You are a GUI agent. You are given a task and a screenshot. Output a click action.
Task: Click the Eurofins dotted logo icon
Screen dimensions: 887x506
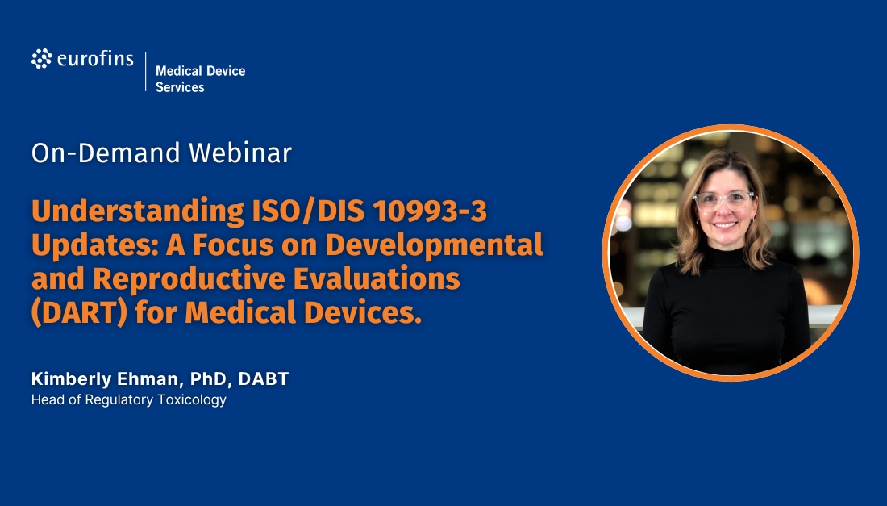(x=41, y=59)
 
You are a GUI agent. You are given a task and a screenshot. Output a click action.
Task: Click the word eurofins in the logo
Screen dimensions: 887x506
(x=95, y=59)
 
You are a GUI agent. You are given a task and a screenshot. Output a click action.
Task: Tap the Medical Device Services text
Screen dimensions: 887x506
(x=200, y=79)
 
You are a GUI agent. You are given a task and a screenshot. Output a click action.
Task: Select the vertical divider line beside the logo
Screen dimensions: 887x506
(x=145, y=71)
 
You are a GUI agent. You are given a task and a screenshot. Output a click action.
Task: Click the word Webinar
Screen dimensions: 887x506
(x=239, y=153)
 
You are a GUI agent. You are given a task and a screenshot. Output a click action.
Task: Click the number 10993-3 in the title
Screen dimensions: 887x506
(x=429, y=211)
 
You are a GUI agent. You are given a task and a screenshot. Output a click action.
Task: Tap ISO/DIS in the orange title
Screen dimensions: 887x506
(x=308, y=211)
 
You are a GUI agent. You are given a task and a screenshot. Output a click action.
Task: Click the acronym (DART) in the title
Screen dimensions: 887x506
(x=79, y=313)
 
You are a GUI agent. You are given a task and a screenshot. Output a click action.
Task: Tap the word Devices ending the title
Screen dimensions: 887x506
(x=363, y=313)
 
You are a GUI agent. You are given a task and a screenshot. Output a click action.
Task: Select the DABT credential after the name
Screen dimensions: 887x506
(x=264, y=379)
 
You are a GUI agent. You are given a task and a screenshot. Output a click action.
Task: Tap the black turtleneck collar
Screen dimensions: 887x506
(x=727, y=256)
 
